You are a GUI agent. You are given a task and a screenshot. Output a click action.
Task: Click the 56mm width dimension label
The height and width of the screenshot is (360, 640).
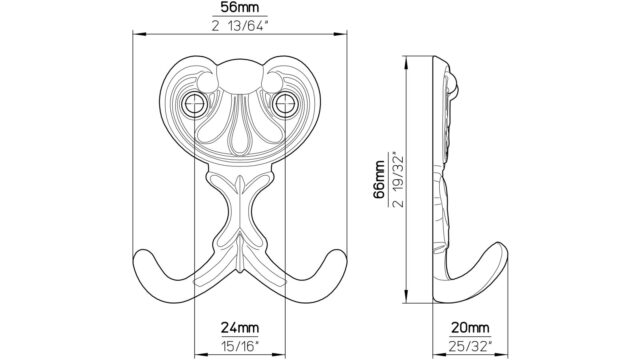[240, 8]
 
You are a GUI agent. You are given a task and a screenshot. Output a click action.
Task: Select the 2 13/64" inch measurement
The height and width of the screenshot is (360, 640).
[240, 25]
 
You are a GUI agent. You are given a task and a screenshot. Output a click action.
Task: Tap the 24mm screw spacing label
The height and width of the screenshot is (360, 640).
[240, 327]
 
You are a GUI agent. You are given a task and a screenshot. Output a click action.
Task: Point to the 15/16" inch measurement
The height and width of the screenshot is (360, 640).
[240, 346]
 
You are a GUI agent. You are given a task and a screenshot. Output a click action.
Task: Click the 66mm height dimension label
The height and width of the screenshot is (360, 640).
[379, 180]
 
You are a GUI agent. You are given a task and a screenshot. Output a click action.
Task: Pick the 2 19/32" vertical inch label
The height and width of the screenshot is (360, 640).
[398, 180]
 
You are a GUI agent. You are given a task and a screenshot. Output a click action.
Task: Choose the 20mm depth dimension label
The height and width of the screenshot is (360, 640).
[470, 327]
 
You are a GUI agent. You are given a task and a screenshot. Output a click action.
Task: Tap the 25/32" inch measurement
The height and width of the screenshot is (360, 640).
[470, 346]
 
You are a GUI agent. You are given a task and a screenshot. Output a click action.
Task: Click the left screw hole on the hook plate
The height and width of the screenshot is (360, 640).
[194, 104]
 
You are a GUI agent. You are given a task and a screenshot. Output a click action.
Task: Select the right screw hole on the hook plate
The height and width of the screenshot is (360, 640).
[284, 104]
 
